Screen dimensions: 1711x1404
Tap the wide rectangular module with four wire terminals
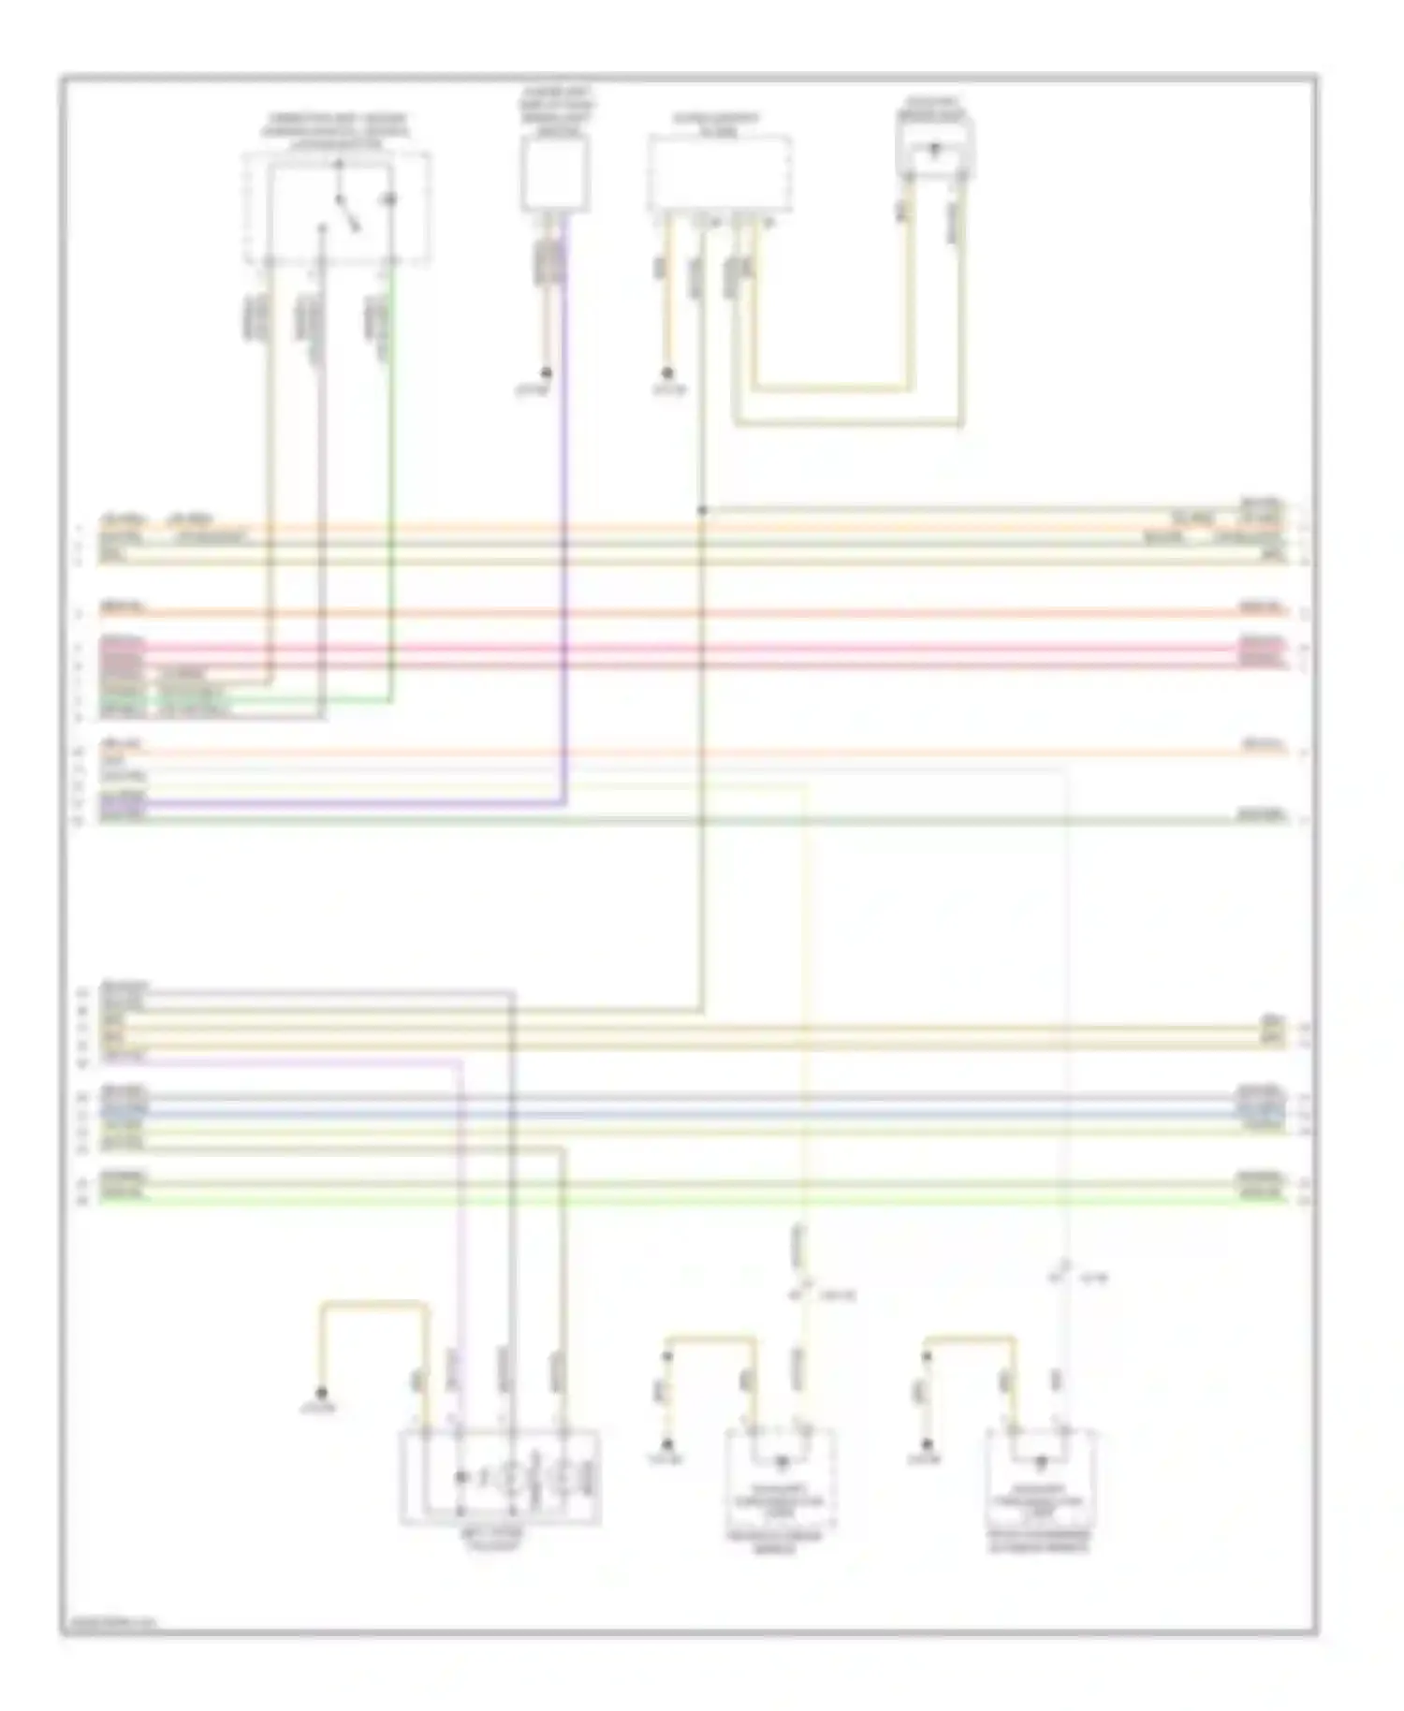[719, 173]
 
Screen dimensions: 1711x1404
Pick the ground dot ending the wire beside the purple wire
[547, 373]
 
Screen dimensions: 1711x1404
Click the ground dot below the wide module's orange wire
[667, 373]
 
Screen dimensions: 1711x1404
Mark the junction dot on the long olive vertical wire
[701, 510]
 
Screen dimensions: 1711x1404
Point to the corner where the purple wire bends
[563, 802]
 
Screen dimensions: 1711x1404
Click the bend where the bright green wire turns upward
[390, 700]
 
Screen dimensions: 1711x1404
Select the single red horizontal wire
[693, 614]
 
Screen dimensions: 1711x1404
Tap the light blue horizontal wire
[693, 1115]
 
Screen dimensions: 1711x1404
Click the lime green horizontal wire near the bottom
[693, 1199]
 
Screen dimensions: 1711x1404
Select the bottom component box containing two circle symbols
[501, 1477]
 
